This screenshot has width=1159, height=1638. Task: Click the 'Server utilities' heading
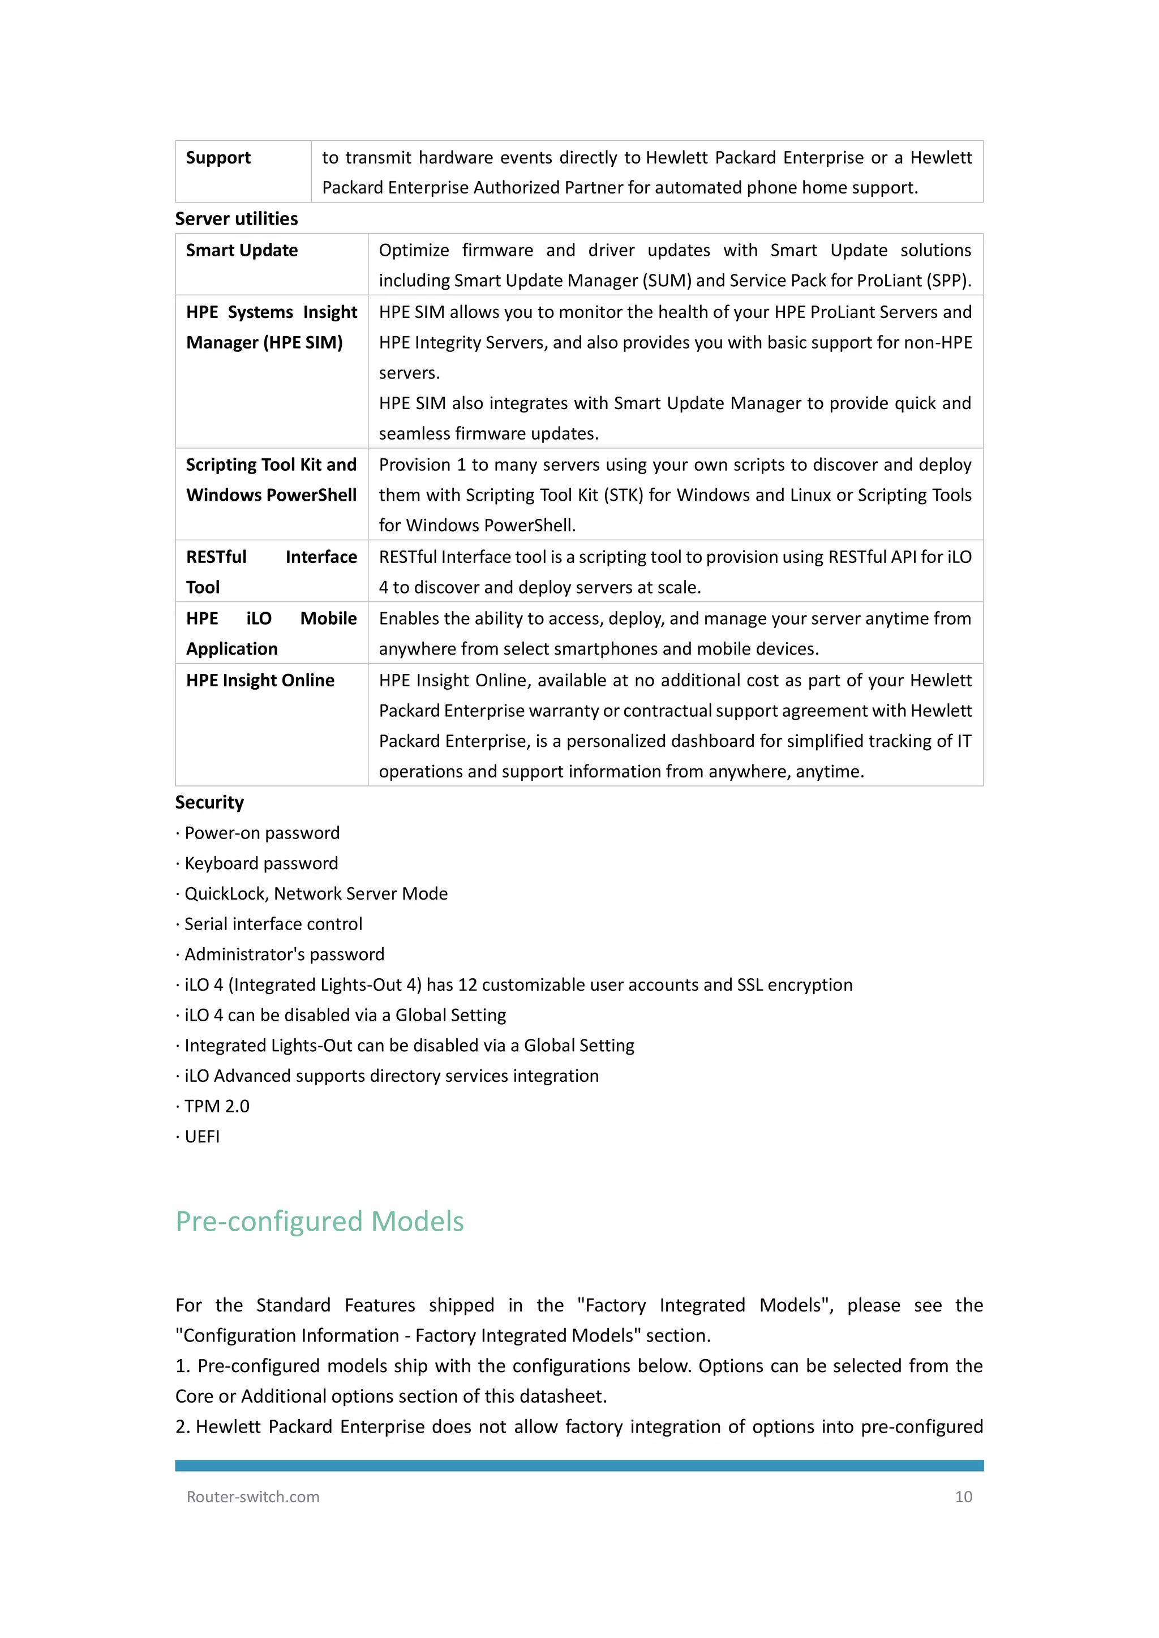pos(236,219)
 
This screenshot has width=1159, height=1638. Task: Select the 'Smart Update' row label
pos(242,251)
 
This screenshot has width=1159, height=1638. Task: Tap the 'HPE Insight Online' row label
pos(260,681)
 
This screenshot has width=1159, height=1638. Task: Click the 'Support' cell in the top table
pos(218,158)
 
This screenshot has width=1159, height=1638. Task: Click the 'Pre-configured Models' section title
pos(320,1222)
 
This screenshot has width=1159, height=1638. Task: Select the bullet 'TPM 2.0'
pos(216,1107)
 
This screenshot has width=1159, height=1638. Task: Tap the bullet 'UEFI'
pos(202,1137)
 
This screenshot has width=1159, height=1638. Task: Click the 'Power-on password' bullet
pos(262,833)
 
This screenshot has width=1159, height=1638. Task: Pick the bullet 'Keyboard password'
pos(261,863)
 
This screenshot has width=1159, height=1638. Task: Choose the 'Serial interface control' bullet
pos(273,924)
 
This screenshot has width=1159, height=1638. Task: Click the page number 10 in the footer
pos(963,1497)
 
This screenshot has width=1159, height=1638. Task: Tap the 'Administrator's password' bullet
pos(284,955)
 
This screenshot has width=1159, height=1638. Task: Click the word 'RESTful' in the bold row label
pos(216,557)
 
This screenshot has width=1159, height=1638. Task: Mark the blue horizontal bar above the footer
pos(579,1466)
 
